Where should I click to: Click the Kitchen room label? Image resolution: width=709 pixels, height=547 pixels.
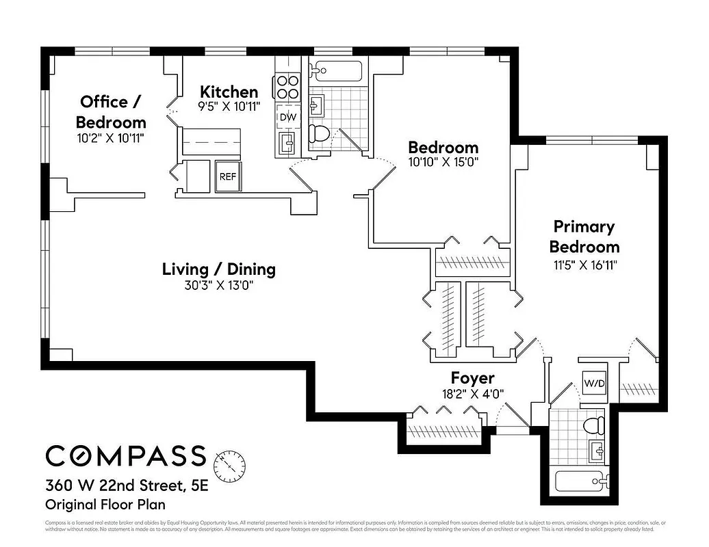coord(229,92)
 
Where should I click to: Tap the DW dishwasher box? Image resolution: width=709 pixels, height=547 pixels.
coord(287,117)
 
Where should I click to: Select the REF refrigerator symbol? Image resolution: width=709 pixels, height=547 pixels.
coord(227,176)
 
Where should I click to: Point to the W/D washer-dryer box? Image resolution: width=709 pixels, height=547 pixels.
coord(593,383)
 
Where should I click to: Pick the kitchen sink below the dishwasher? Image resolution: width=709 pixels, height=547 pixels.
coord(287,143)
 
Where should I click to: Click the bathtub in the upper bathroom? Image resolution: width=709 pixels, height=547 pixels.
coord(335,70)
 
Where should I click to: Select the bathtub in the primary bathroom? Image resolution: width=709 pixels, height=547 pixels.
coord(581,481)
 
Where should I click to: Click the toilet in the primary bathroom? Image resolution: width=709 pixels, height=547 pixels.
coord(593,425)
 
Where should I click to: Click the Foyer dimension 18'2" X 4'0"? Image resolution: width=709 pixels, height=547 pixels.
coord(472,394)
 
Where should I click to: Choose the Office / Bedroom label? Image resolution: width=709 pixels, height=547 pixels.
coord(111,112)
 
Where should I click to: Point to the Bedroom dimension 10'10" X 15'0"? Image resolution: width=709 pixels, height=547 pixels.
coord(443,162)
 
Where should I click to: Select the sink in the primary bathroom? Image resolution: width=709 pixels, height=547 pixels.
coord(594,451)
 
